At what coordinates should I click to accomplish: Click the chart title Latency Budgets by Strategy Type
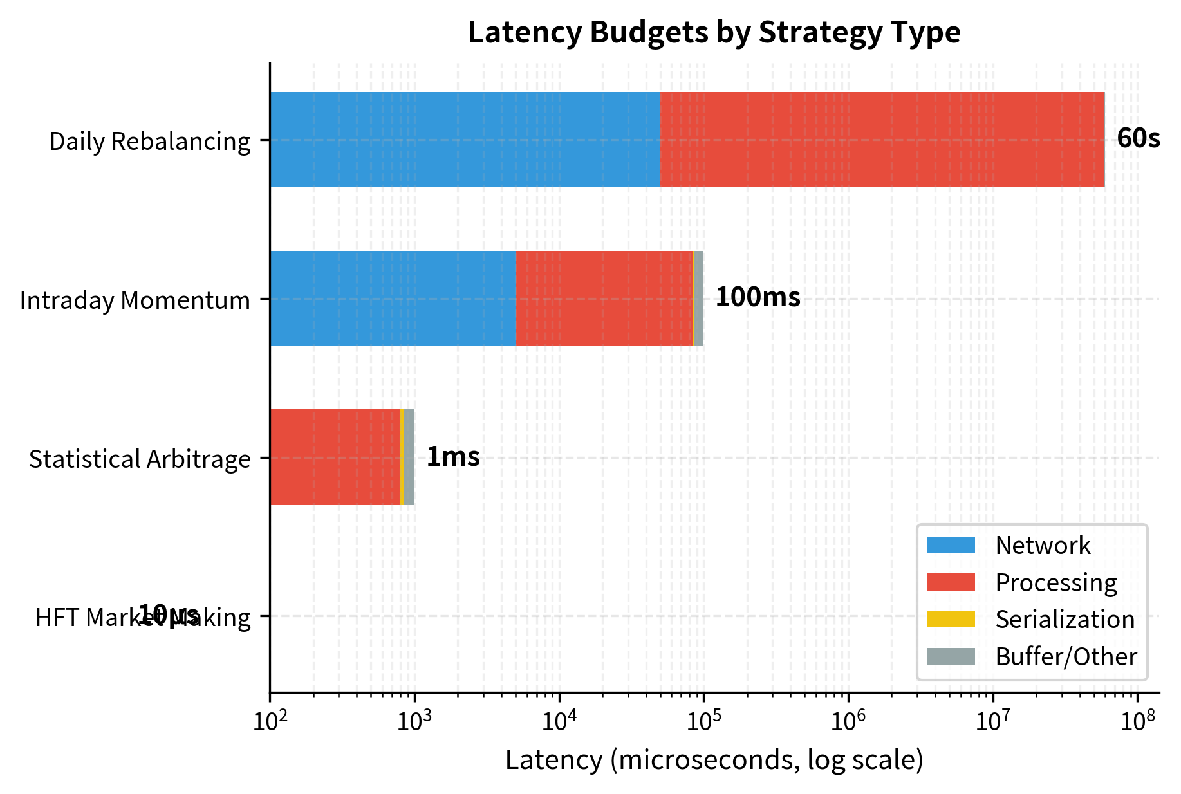(714, 32)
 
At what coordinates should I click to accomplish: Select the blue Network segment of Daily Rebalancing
(465, 140)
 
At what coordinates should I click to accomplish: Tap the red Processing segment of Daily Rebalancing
(882, 140)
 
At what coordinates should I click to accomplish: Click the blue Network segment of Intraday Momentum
(393, 299)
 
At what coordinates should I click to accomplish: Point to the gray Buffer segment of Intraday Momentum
(698, 299)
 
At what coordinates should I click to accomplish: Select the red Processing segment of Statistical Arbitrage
(335, 457)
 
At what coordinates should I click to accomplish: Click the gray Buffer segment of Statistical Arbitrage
(409, 457)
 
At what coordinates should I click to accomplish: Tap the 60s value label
(1138, 139)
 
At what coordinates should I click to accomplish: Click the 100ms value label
(758, 298)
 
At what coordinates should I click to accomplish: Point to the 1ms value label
(453, 457)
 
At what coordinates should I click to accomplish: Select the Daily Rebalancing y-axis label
(150, 142)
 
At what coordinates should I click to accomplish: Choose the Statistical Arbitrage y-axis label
(140, 459)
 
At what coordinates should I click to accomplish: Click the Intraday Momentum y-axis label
(135, 300)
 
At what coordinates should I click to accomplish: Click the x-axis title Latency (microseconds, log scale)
(714, 761)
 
